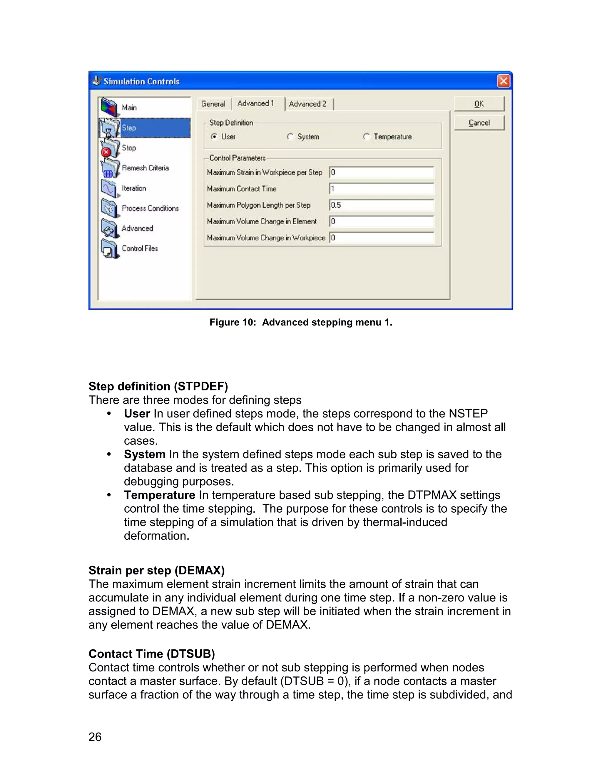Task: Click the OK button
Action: (479, 104)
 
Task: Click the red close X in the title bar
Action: (503, 81)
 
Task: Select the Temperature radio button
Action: (366, 137)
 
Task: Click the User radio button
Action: (214, 137)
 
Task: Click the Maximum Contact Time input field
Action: (381, 189)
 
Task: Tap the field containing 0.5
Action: (381, 205)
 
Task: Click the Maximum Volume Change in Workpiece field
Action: (381, 238)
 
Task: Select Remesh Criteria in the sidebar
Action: (145, 168)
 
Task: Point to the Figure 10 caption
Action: (301, 322)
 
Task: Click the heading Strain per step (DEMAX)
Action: (157, 570)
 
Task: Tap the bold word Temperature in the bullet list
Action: (159, 495)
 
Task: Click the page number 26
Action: (95, 737)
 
